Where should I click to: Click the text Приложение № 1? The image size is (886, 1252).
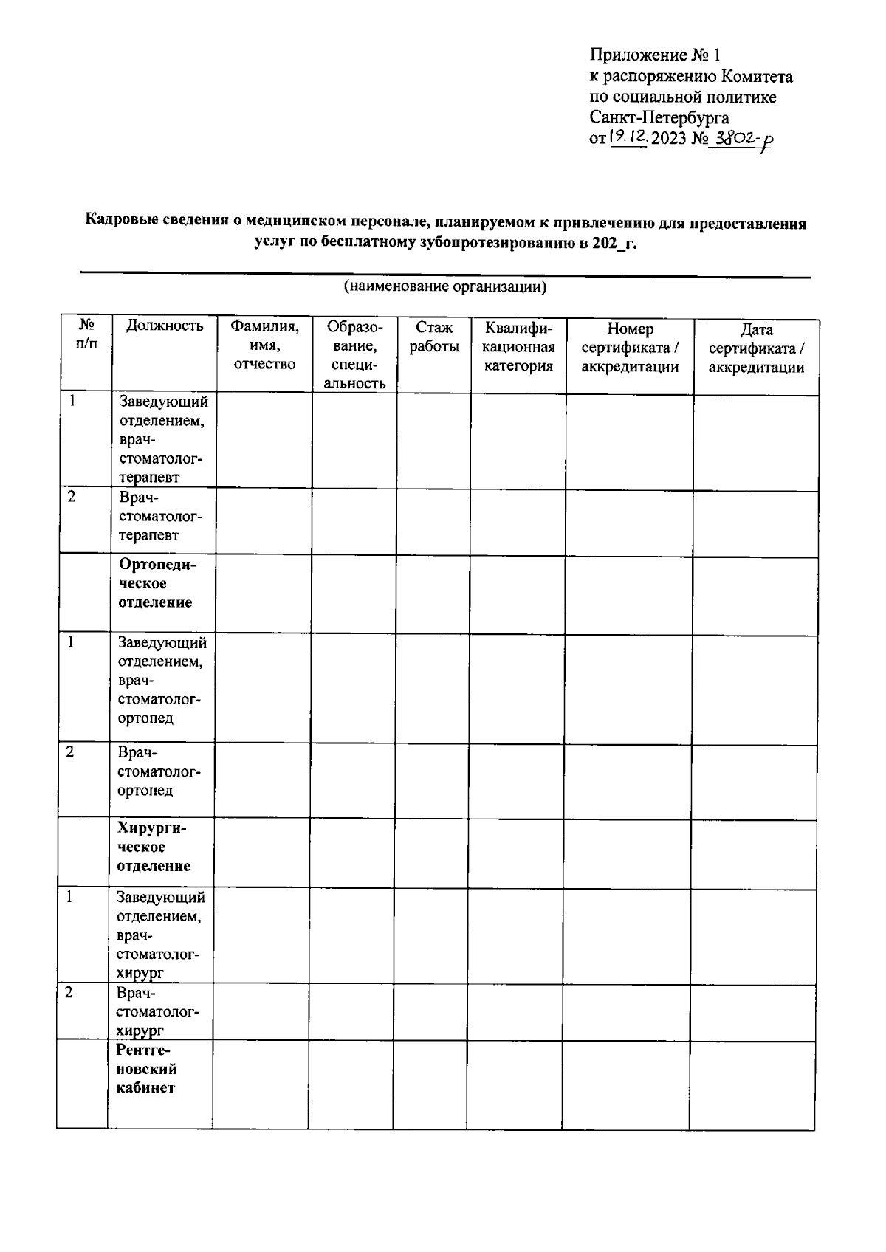[x=654, y=55]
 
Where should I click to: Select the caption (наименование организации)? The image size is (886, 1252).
[x=444, y=287]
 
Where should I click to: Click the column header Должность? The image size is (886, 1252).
[x=164, y=326]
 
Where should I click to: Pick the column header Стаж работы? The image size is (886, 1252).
[x=434, y=337]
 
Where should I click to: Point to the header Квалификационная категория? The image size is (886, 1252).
[x=518, y=346]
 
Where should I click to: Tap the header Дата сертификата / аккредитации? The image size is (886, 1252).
[x=756, y=348]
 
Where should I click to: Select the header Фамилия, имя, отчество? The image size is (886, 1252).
[x=264, y=345]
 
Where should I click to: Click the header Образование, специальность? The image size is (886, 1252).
[x=354, y=354]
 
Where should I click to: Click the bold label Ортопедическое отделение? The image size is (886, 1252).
[x=157, y=583]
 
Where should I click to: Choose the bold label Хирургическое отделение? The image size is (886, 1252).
[x=154, y=847]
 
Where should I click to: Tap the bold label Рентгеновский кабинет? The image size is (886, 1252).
[x=147, y=1068]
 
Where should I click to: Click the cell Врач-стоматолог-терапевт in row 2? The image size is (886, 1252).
[x=159, y=516]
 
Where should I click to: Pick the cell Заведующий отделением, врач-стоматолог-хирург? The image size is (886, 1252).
[x=160, y=935]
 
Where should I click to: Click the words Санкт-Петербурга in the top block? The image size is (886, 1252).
[x=659, y=117]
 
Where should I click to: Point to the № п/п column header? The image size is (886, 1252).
[x=86, y=334]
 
